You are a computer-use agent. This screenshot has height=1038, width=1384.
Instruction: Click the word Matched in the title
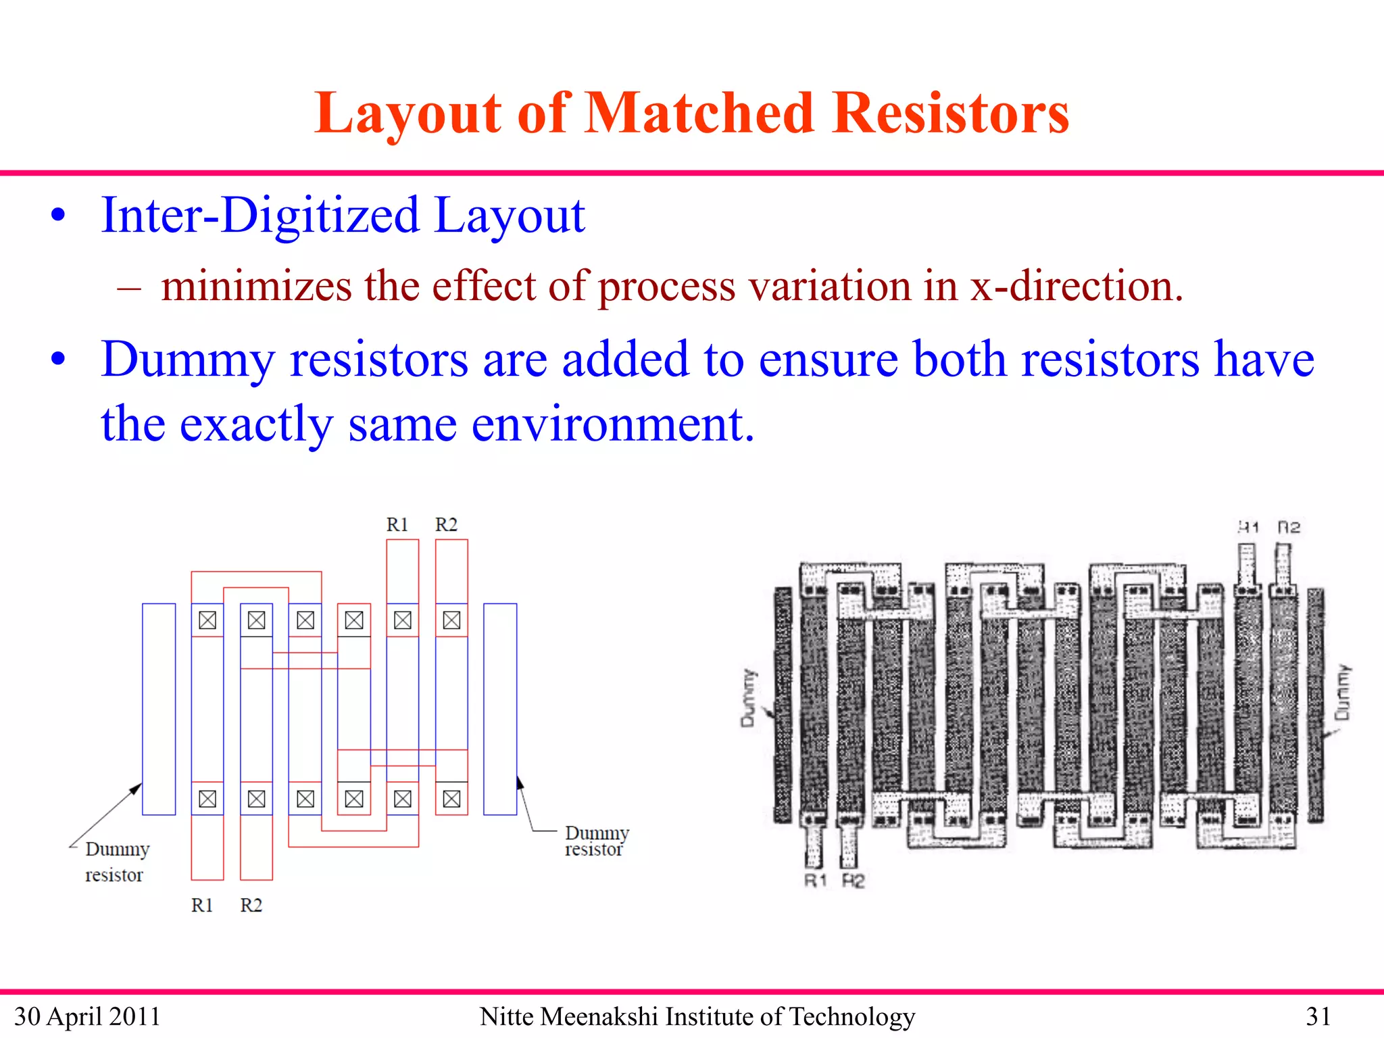(699, 113)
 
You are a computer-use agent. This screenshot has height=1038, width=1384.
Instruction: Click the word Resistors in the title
(951, 113)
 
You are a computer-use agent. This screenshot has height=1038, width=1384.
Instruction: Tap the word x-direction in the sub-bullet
(1077, 286)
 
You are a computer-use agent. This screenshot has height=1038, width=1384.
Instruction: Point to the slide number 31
(1318, 1016)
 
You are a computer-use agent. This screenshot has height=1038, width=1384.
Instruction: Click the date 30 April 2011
(87, 1016)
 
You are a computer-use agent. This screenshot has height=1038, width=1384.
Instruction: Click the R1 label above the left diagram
(397, 524)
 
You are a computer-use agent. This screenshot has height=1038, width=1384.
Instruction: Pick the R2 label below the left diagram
(251, 905)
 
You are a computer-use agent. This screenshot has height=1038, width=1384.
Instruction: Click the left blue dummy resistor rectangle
(159, 709)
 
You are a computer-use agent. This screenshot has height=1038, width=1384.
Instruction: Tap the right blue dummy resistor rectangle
(500, 709)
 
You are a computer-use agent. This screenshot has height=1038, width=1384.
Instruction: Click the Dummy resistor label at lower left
(116, 862)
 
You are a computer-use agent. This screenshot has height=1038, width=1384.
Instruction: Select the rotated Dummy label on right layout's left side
(748, 698)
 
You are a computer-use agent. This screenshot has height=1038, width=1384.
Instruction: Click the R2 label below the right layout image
(854, 881)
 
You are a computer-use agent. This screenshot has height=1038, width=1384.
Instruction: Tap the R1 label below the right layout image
(816, 881)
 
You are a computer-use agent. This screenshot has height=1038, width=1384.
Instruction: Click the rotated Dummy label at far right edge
(1343, 693)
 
